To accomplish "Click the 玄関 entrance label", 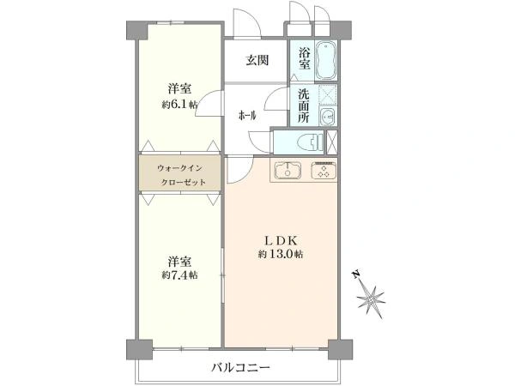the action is [x=257, y=60].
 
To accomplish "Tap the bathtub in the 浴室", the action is [x=326, y=60].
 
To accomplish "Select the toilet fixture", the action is [x=310, y=142].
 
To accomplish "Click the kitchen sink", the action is [x=288, y=170].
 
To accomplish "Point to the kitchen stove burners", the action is [x=324, y=170].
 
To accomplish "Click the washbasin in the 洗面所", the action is [x=327, y=116].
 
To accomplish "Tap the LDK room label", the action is [x=282, y=240].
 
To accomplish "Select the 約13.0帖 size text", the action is [x=281, y=255].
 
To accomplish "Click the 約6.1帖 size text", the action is [x=179, y=105].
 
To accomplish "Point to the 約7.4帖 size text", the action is [x=179, y=275].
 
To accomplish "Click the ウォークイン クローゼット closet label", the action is [x=181, y=175].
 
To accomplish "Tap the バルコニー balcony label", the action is [x=240, y=367].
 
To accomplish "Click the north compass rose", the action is [x=371, y=298].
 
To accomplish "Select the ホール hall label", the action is [x=247, y=116].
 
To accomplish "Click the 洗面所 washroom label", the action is [x=304, y=106].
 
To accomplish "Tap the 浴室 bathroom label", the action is [x=305, y=58].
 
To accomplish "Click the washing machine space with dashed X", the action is [x=328, y=95].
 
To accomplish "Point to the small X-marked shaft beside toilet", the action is [x=332, y=142].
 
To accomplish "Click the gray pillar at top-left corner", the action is [x=137, y=31].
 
